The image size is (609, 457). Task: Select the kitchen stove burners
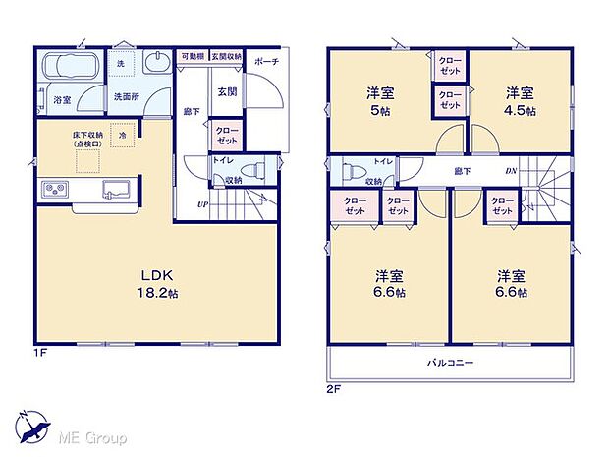52,188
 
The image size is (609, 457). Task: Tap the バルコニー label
450,364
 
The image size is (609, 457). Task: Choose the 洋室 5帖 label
380,101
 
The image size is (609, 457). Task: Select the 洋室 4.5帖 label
520,101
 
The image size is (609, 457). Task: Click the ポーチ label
266,62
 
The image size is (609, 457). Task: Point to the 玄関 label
226,92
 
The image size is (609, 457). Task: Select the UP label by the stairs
203,204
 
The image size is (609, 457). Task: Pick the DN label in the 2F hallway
511,171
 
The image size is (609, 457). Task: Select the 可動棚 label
191,56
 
